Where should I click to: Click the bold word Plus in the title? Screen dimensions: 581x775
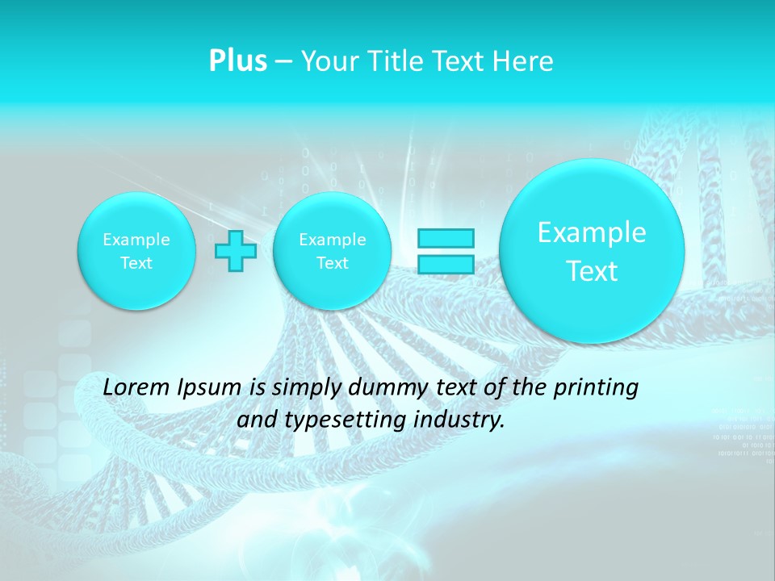238,61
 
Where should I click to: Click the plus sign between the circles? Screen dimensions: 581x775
236,251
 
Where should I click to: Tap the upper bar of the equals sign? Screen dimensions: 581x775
445,238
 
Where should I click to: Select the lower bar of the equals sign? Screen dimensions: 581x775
445,264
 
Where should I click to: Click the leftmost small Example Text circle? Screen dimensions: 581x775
136,251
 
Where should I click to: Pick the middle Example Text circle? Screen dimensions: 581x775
333,251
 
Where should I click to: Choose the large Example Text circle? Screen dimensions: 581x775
592,251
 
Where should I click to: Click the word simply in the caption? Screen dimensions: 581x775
306,388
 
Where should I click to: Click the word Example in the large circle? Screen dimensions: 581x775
592,232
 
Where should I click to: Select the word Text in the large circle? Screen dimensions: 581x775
592,271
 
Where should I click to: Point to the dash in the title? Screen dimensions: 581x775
284,62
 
